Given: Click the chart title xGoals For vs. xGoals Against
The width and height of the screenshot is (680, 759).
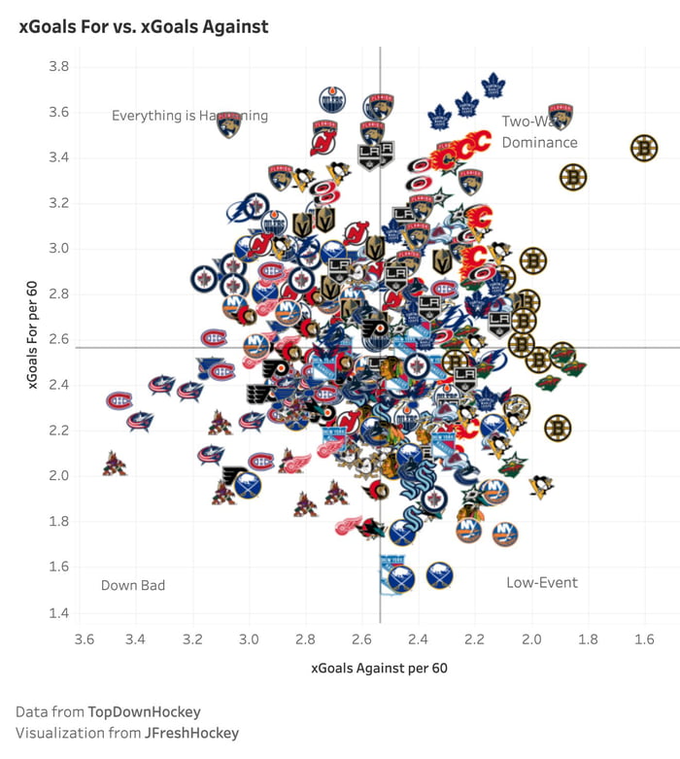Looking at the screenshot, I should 144,27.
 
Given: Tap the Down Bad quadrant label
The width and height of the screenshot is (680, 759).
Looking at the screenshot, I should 133,585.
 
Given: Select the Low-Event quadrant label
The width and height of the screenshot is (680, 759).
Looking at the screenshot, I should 541,582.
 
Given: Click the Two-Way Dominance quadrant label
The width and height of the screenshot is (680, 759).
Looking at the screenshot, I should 539,132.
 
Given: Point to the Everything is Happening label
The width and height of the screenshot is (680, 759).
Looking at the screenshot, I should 189,116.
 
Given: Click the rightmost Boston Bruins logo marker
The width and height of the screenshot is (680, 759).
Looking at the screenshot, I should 644,149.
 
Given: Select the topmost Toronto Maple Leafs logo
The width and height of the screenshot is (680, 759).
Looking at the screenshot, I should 493,86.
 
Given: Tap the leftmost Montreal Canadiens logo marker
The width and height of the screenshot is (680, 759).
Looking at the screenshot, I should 119,400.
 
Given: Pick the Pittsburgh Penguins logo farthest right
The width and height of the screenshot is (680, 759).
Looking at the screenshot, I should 540,485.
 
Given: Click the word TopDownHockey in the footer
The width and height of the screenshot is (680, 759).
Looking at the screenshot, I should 144,711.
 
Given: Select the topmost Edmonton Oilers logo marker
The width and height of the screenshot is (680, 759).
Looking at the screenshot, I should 332,99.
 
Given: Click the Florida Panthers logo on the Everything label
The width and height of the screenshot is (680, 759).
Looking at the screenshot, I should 228,124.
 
